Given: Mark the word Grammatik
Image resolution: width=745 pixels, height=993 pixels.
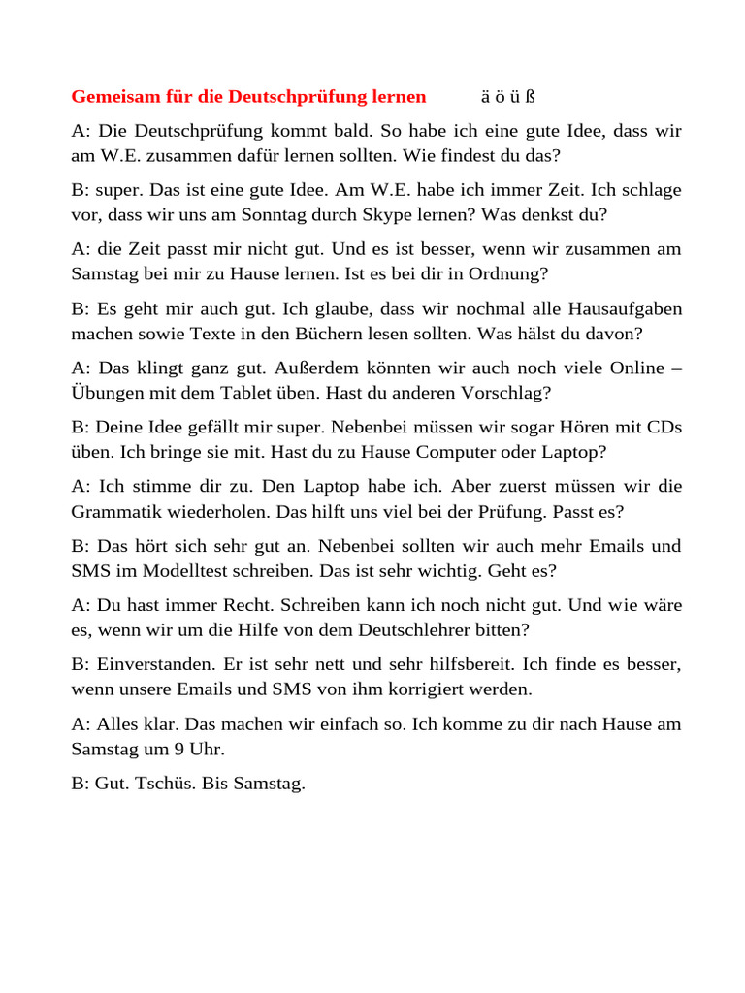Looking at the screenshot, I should [117, 511].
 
